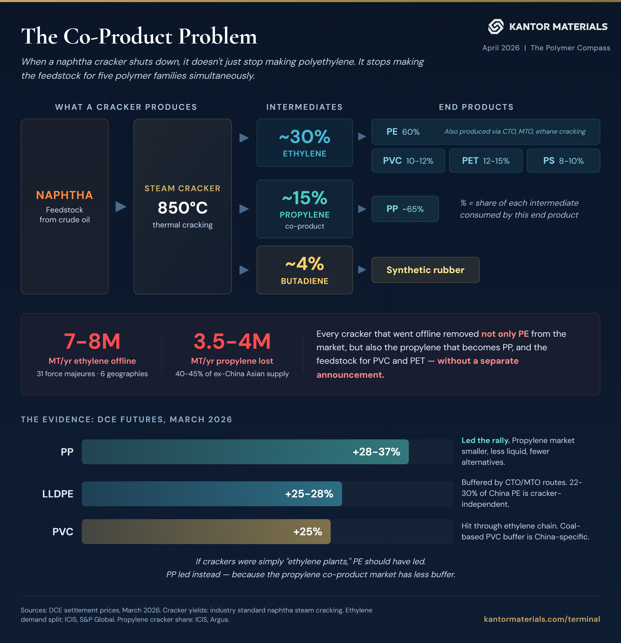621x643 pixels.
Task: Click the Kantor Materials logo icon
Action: coord(495,27)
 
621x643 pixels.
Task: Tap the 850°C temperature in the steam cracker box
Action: coord(183,208)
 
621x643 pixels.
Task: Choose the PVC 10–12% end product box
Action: coord(408,161)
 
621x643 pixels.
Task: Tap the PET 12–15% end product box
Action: coord(485,161)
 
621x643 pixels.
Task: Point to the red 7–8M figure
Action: coord(92,341)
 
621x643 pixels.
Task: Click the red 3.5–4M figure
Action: coord(232,341)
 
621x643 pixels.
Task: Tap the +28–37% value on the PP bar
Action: coord(376,452)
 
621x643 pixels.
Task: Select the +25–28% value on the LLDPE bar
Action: coord(309,494)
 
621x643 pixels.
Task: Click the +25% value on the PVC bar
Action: coord(307,531)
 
